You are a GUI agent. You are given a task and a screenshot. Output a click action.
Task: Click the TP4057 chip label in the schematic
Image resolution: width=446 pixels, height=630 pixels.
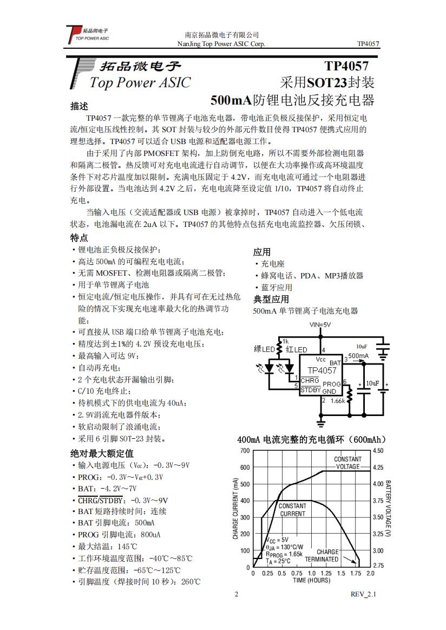322,371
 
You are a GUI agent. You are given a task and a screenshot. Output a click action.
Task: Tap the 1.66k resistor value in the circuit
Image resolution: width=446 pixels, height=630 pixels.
337,401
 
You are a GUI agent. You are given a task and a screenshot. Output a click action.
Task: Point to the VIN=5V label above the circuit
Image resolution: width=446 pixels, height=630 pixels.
320,324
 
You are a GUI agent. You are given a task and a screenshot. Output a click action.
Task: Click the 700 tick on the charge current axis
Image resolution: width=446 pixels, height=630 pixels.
245,451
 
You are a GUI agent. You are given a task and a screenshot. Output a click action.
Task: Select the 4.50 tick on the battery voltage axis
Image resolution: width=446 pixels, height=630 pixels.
378,451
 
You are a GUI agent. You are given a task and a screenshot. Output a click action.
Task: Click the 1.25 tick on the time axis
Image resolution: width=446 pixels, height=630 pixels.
326,573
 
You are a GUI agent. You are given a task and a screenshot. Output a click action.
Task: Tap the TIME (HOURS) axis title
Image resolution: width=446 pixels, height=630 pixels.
311,580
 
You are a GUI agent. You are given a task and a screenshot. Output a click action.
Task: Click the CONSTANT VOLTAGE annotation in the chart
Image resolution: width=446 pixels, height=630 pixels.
347,463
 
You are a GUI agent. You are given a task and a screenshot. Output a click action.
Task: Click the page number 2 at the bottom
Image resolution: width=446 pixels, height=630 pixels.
236,594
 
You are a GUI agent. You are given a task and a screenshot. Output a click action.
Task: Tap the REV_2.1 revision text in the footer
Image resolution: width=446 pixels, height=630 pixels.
363,594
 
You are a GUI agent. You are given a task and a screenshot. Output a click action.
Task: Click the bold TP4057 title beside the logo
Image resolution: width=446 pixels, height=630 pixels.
346,66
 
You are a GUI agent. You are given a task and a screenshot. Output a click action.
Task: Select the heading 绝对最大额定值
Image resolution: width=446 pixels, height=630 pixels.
102,453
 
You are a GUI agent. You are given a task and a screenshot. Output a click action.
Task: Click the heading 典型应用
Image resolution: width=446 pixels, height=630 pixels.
271,299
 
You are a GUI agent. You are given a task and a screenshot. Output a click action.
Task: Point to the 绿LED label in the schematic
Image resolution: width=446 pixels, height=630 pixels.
264,349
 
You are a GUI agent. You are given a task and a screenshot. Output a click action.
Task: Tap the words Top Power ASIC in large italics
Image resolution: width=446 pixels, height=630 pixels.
140,83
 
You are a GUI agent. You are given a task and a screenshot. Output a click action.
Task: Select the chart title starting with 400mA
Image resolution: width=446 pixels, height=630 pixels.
311,439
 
